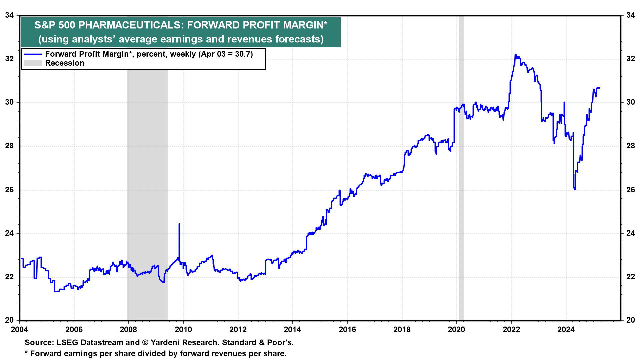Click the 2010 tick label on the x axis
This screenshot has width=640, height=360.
(x=183, y=330)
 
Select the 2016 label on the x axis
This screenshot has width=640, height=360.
(x=347, y=330)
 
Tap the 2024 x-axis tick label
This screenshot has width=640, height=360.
(x=566, y=330)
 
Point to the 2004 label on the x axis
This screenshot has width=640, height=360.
(x=20, y=330)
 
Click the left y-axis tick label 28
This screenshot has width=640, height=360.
(x=9, y=146)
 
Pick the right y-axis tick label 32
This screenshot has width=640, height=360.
(x=630, y=59)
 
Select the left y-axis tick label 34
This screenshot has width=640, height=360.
(x=9, y=15)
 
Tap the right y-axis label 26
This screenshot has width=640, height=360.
(x=630, y=190)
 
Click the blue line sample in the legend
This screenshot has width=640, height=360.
(x=33, y=54)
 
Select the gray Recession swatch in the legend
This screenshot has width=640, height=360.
(x=33, y=63)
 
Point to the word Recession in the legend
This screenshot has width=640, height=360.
(x=65, y=63)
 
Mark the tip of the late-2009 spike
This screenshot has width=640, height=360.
(x=179, y=224)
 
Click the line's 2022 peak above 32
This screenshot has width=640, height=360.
(x=515, y=55)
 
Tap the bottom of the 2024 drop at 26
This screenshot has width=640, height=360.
(x=575, y=189)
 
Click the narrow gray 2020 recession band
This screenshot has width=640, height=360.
(x=461, y=167)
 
